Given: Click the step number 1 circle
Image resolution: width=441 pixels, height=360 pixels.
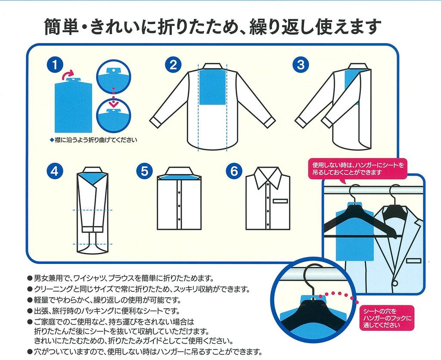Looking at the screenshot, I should [x=54, y=65].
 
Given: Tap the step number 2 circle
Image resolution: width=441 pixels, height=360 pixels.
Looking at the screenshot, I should [x=173, y=65].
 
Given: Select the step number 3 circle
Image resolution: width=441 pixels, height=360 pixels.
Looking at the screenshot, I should [x=301, y=65].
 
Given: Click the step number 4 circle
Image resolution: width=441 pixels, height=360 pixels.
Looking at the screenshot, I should [x=54, y=171].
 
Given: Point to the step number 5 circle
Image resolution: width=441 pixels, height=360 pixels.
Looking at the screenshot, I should [x=143, y=171].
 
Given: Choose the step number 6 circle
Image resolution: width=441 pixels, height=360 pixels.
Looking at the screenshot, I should [x=233, y=171].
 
